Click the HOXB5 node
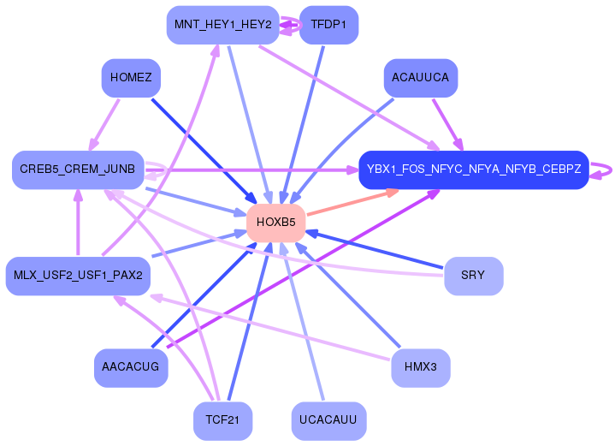(x=276, y=223)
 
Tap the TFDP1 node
(x=328, y=24)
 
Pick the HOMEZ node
(x=131, y=78)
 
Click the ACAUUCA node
(x=420, y=78)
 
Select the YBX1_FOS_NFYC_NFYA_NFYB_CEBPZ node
(x=474, y=169)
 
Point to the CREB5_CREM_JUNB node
(x=77, y=169)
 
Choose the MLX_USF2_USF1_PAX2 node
(x=78, y=276)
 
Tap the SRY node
(x=473, y=276)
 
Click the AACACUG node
(x=131, y=367)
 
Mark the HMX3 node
(x=420, y=367)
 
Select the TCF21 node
(x=222, y=420)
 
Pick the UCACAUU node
(x=328, y=420)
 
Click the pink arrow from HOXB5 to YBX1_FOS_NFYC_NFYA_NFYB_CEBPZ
(x=351, y=203)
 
